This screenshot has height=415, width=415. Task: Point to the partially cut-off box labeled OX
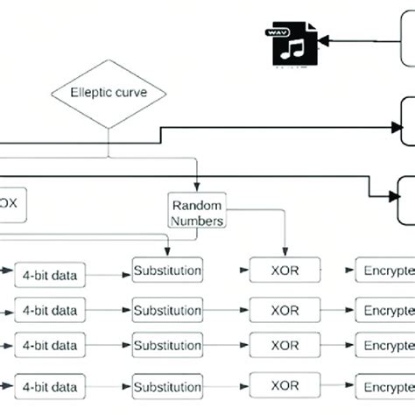(18, 203)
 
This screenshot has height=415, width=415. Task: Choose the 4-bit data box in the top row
(50, 275)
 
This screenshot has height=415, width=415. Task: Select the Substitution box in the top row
(166, 270)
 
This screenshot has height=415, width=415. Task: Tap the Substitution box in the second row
(166, 309)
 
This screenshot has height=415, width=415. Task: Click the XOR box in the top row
(283, 271)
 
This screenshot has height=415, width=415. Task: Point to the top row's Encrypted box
(384, 271)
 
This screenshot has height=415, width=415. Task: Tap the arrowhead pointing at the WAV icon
(322, 39)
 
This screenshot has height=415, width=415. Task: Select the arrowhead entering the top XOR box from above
(283, 252)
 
